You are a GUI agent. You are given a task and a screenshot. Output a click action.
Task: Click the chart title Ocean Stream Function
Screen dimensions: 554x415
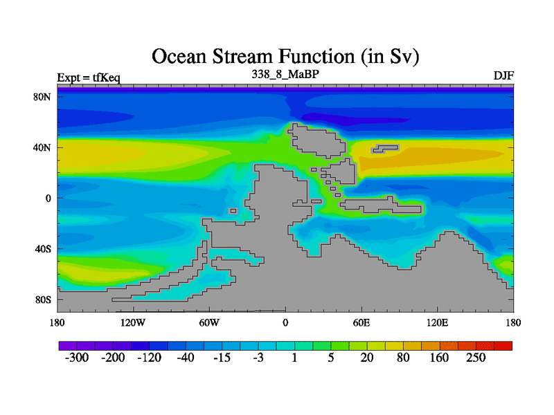(285, 57)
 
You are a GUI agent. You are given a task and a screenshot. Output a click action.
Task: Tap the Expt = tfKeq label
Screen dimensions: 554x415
(89, 77)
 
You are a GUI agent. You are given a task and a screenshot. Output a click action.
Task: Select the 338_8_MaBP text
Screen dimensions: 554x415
(285, 75)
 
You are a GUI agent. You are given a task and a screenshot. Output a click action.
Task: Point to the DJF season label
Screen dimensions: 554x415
(503, 76)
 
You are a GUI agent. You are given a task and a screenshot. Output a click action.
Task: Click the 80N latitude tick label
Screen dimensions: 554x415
(42, 97)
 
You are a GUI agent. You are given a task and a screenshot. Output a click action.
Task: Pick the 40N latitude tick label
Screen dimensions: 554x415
(42, 147)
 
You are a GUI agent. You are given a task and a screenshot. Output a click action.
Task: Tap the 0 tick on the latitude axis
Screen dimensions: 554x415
(48, 199)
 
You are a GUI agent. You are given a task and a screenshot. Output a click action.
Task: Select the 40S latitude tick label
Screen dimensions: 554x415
(43, 249)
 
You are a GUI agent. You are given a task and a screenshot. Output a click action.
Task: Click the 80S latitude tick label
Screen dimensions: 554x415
(43, 300)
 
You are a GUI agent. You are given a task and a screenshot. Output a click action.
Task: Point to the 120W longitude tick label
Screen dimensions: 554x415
(133, 323)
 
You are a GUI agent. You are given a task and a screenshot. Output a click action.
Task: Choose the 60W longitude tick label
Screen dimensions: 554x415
(209, 323)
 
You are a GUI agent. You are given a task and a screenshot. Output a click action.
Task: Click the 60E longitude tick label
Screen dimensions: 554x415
(361, 323)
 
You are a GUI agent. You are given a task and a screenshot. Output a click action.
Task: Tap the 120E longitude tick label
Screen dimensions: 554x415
(438, 323)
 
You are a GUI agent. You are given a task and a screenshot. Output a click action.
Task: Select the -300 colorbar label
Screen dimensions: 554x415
(77, 358)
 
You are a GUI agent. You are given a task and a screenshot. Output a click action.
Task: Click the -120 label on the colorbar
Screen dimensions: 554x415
(149, 358)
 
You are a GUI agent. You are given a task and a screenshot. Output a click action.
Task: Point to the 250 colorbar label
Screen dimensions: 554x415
(476, 358)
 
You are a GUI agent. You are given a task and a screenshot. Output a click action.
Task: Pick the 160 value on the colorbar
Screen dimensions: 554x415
(439, 358)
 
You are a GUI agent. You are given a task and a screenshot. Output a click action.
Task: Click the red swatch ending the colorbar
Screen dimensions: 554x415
(503, 346)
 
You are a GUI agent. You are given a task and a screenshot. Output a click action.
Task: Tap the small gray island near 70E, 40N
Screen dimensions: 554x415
(385, 149)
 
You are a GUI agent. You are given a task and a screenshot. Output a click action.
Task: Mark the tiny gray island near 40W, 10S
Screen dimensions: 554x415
(233, 211)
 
